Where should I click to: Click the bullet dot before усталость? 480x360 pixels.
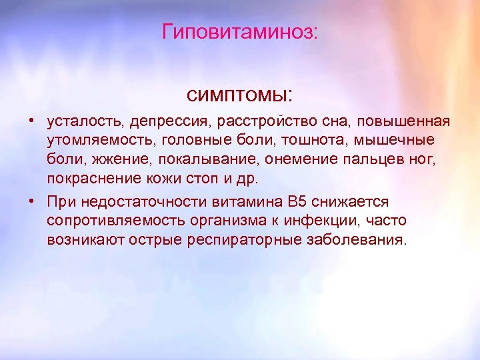(31, 123)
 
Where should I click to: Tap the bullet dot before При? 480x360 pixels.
(31, 202)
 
